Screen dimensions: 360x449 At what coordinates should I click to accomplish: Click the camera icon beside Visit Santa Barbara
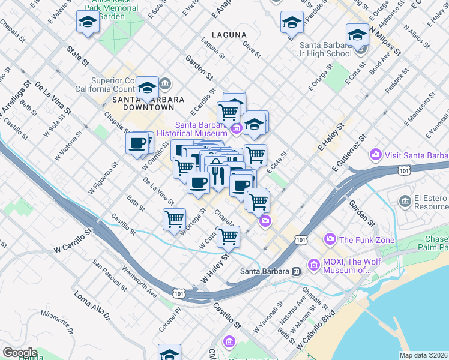click(x=376, y=155)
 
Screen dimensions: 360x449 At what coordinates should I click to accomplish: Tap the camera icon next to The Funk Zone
click(x=330, y=240)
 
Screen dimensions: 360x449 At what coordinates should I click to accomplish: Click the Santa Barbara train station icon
click(x=296, y=271)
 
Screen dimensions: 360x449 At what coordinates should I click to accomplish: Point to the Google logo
click(x=19, y=353)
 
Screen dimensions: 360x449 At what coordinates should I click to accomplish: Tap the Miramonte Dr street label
click(x=58, y=321)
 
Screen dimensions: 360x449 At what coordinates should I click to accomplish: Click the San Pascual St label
click(x=109, y=275)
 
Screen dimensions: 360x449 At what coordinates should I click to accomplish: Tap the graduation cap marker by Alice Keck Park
click(x=88, y=23)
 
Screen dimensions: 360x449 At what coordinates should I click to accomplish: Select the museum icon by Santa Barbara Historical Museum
click(x=237, y=128)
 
